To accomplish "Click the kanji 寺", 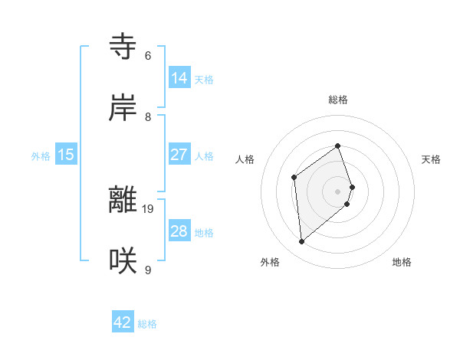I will click(123, 47).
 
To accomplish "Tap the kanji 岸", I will click(123, 108).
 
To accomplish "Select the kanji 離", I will click(123, 200).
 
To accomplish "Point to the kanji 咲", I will click(123, 261).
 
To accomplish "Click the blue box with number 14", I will click(179, 77).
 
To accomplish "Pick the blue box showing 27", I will click(179, 154).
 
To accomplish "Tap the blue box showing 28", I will click(179, 231).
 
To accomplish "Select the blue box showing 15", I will click(66, 154).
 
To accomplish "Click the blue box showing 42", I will click(123, 322).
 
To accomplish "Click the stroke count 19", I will click(149, 208).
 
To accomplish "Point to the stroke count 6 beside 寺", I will click(148, 55).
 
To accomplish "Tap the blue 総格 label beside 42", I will click(147, 324).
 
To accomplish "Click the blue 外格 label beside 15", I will click(41, 156).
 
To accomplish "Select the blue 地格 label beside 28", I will click(204, 233).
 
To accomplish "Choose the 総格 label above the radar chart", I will click(337, 100).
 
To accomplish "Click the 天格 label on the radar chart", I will click(432, 159).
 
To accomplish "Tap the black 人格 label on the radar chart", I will click(245, 159).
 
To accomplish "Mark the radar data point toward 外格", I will click(302, 242).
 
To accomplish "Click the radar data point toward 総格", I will click(337, 146).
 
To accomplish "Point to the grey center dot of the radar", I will click(337, 191).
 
